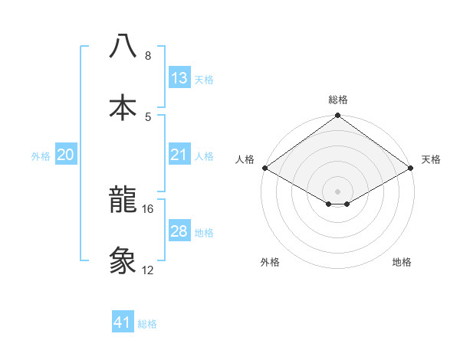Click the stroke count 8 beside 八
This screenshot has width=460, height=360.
click(x=147, y=56)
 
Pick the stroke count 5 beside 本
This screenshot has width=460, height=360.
click(x=147, y=116)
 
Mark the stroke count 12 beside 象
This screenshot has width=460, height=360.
click(x=148, y=270)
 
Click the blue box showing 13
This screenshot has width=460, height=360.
click(x=179, y=78)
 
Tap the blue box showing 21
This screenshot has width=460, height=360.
click(x=179, y=155)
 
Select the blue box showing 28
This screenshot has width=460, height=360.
click(x=179, y=231)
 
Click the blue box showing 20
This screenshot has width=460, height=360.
click(x=66, y=155)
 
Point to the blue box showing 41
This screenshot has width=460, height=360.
click(x=123, y=322)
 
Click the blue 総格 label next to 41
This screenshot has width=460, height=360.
click(x=147, y=324)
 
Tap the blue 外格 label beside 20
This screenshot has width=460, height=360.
click(x=41, y=156)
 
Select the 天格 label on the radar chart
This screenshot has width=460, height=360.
click(x=431, y=159)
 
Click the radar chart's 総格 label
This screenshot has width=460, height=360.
click(x=338, y=100)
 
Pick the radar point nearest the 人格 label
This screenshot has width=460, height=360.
click(x=264, y=168)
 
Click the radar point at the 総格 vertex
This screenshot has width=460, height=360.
click(x=338, y=116)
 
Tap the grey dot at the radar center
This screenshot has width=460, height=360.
click(x=338, y=191)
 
